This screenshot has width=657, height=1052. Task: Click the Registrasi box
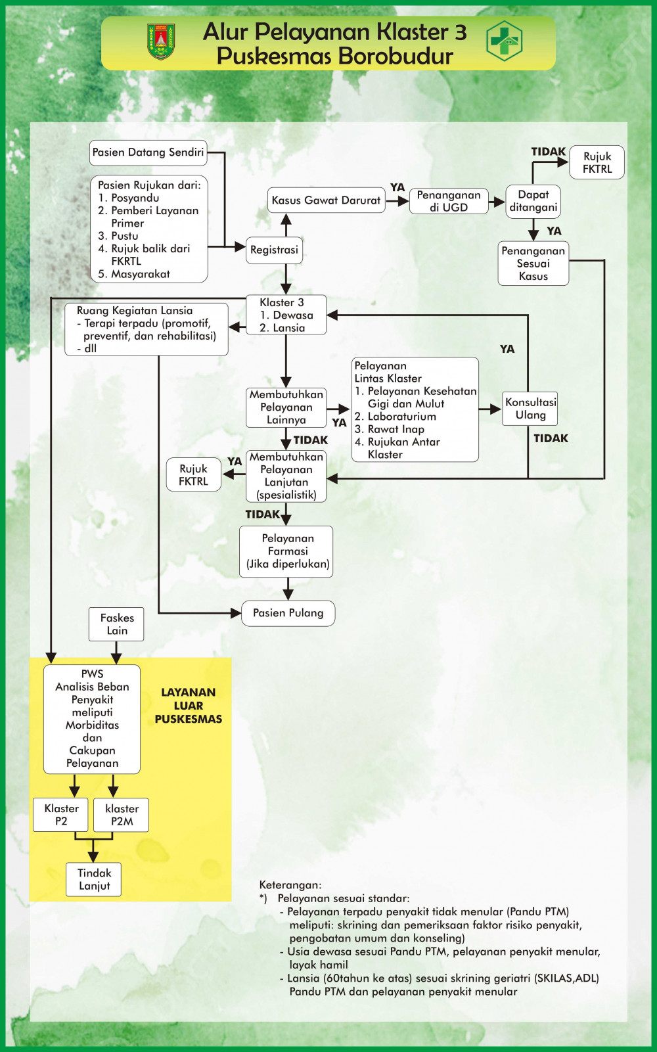click(x=274, y=250)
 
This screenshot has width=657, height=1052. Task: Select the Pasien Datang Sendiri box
click(x=148, y=152)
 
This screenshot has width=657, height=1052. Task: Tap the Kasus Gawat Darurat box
click(x=326, y=200)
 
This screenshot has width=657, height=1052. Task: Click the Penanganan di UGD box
click(x=449, y=200)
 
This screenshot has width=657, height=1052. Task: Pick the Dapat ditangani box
click(x=533, y=201)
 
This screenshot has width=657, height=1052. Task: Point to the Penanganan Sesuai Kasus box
click(x=533, y=263)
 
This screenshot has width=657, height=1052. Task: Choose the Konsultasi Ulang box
click(x=530, y=409)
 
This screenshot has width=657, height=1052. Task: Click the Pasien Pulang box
click(x=288, y=613)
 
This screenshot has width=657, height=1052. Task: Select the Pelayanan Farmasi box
click(x=287, y=551)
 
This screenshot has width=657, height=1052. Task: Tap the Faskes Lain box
click(x=117, y=624)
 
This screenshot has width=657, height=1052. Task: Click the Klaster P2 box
click(x=61, y=815)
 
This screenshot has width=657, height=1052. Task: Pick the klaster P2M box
click(x=122, y=815)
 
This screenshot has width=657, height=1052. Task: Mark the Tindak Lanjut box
click(x=94, y=879)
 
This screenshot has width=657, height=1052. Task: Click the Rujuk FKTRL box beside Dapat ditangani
click(x=597, y=162)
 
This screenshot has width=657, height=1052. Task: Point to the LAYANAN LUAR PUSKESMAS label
click(x=189, y=706)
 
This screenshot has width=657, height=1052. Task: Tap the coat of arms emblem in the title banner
click(x=161, y=41)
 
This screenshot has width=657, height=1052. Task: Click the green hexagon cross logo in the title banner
click(x=504, y=41)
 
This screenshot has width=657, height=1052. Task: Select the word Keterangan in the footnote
click(x=290, y=885)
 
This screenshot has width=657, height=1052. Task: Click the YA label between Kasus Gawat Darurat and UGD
click(x=397, y=188)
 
